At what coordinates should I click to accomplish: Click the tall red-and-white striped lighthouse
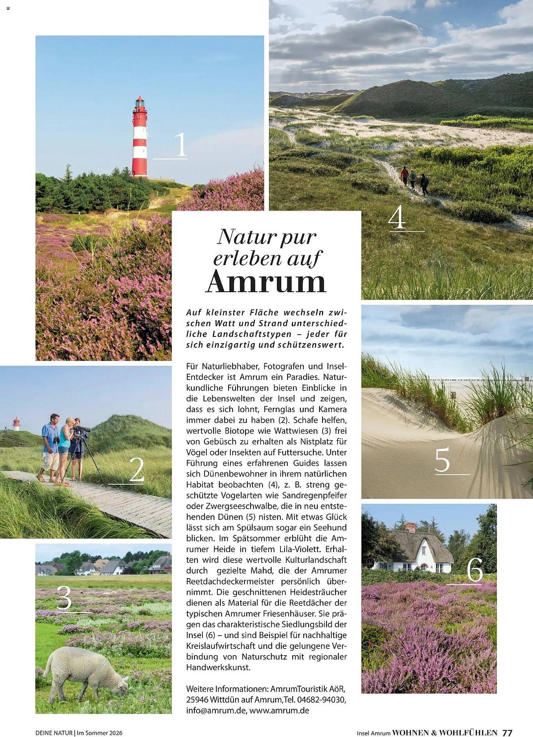140,138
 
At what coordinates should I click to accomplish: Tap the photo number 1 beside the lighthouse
180,144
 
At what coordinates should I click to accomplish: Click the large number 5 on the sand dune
442,459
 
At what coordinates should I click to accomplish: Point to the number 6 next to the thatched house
475,570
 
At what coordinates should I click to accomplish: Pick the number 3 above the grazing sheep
64,598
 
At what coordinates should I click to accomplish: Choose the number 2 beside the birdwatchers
137,469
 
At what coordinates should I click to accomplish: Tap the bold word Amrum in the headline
266,282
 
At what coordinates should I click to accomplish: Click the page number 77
507,733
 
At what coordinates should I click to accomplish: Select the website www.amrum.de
279,710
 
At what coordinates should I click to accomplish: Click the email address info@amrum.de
216,710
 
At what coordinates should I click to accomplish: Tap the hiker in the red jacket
405,175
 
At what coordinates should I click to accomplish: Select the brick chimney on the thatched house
410,528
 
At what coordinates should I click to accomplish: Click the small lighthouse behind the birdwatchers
16,424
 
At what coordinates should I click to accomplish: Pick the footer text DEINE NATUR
54,733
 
